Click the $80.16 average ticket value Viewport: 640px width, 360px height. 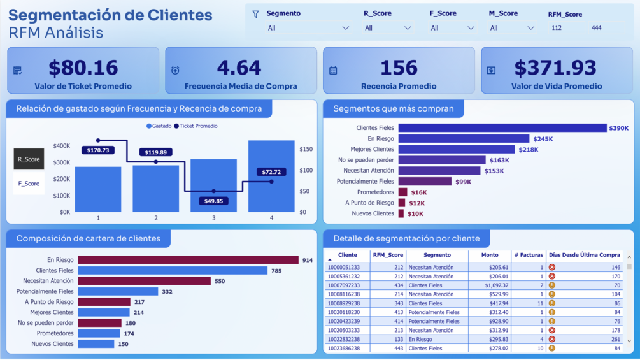click(x=83, y=68)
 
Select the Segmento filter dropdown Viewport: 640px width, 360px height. click(x=308, y=28)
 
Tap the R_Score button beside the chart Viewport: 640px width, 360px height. click(x=29, y=159)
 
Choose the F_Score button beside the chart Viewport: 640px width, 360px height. click(x=29, y=184)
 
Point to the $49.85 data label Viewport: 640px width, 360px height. click(x=213, y=201)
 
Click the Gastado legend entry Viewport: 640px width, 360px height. click(x=159, y=126)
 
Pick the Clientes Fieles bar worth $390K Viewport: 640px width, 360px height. click(x=502, y=128)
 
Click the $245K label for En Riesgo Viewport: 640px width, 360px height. click(x=543, y=139)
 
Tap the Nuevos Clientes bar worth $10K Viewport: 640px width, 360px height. click(x=401, y=213)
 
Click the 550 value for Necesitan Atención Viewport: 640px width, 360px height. click(x=220, y=281)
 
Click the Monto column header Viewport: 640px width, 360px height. click(x=490, y=255)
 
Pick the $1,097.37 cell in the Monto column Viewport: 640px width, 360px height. click(x=495, y=285)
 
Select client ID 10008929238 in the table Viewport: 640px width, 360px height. click(x=343, y=303)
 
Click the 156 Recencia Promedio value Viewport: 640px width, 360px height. click(x=399, y=68)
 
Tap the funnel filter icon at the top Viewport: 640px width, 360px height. click(x=255, y=14)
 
